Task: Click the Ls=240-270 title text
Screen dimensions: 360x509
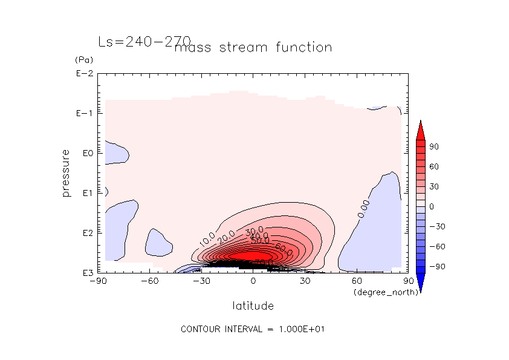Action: pyautogui.click(x=144, y=42)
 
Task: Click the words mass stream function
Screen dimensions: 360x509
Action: pyautogui.click(x=253, y=47)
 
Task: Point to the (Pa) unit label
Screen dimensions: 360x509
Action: pyautogui.click(x=82, y=60)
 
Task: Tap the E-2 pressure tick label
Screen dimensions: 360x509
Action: pyautogui.click(x=84, y=74)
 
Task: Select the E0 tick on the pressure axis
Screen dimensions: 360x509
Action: pyautogui.click(x=86, y=153)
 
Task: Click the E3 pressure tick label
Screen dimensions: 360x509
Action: pyautogui.click(x=86, y=273)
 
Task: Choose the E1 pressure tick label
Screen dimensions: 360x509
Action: pyautogui.click(x=86, y=193)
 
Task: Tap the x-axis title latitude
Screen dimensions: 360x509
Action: pyautogui.click(x=253, y=306)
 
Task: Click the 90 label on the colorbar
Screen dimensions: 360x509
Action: pyautogui.click(x=434, y=146)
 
